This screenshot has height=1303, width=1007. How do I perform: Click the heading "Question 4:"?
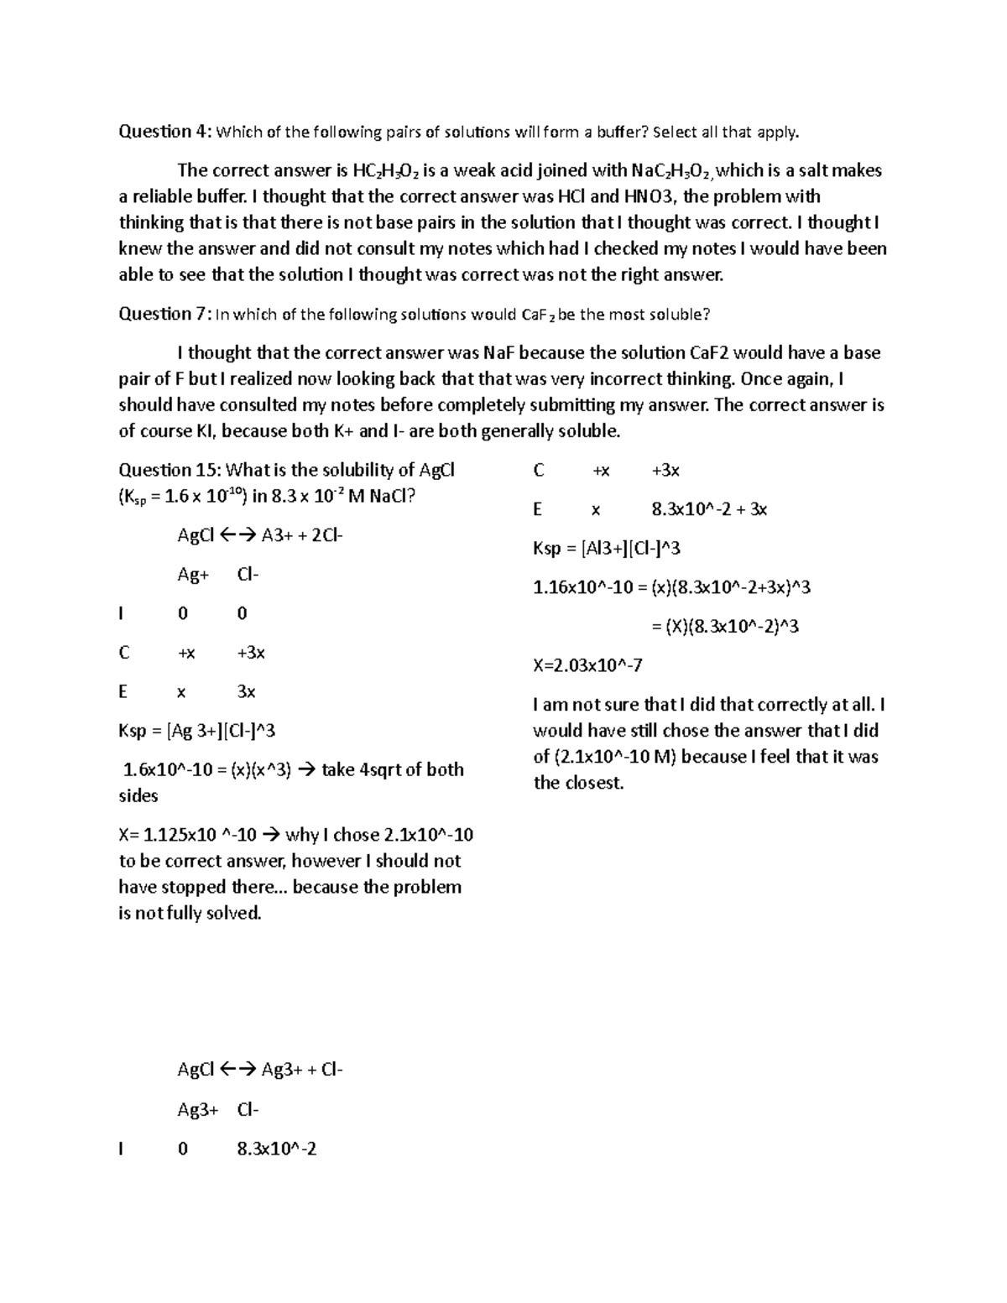[166, 131]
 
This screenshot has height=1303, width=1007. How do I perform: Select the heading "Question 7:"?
[166, 314]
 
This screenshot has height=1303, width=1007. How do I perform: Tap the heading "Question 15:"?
[170, 470]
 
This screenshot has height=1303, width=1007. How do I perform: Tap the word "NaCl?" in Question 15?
[392, 496]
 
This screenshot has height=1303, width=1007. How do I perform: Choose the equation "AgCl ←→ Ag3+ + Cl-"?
[259, 1070]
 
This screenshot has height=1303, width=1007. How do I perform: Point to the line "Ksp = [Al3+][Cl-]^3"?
[606, 549]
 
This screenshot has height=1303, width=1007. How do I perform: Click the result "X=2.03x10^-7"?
[587, 665]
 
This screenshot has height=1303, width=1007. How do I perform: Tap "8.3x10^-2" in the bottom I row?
[277, 1149]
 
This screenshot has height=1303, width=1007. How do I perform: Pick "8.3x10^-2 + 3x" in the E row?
[709, 509]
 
